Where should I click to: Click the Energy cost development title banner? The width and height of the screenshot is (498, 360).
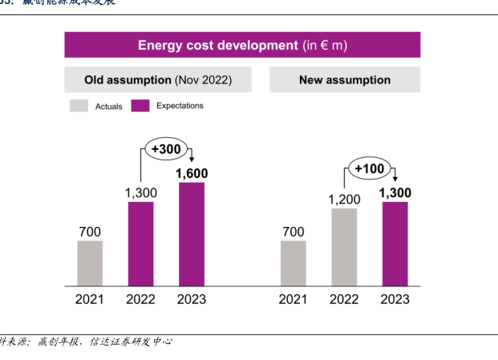click(x=242, y=45)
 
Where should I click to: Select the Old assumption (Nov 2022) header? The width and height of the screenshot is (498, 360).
click(x=158, y=80)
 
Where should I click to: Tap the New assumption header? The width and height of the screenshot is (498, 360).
click(x=345, y=80)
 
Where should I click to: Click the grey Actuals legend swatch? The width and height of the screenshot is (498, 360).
click(x=79, y=106)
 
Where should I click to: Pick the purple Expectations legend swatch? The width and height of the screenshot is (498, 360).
click(x=141, y=106)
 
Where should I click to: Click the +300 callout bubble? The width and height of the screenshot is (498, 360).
click(x=165, y=150)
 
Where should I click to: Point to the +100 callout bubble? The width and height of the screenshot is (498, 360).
click(x=368, y=168)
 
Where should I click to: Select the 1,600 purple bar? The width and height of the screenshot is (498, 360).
click(x=191, y=234)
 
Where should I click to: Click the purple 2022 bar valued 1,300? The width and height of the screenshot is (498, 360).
click(x=140, y=244)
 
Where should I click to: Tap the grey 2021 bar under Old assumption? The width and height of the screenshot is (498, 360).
click(x=90, y=263)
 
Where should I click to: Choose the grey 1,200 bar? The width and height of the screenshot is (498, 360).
click(x=344, y=247)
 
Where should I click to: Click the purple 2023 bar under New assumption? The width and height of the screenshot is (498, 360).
click(x=395, y=244)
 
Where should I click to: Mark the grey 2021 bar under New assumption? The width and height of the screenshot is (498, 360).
click(x=294, y=263)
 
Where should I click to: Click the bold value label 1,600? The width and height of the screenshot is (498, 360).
click(x=191, y=173)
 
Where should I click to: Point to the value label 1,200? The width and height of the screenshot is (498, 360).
click(x=344, y=199)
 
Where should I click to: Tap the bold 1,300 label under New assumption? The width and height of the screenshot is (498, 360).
click(x=395, y=192)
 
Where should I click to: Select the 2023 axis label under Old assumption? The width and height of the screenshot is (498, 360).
click(x=191, y=299)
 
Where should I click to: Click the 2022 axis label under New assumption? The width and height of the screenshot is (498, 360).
click(x=344, y=299)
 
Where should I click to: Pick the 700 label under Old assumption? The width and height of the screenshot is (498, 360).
click(x=90, y=232)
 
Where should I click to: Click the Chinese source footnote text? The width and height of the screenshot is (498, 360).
click(x=88, y=342)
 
